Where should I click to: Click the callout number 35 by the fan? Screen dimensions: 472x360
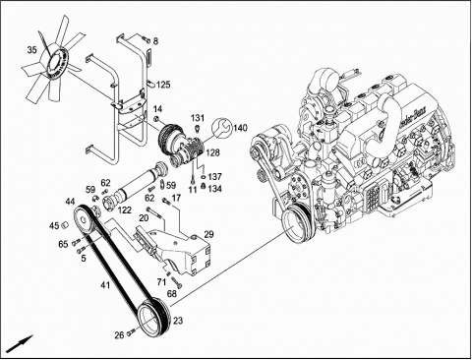(31, 50)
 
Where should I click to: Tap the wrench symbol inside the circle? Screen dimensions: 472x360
(221, 128)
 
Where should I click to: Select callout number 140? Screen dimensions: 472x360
(240, 128)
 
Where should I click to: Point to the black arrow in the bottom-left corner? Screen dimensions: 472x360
(20, 344)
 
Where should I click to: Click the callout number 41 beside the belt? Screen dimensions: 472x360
(105, 285)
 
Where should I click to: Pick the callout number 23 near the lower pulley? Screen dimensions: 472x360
(178, 321)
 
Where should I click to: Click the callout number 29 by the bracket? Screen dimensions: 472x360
(208, 234)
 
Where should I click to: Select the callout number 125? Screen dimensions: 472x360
(163, 85)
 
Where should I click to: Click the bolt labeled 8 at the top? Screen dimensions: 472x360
(146, 39)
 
